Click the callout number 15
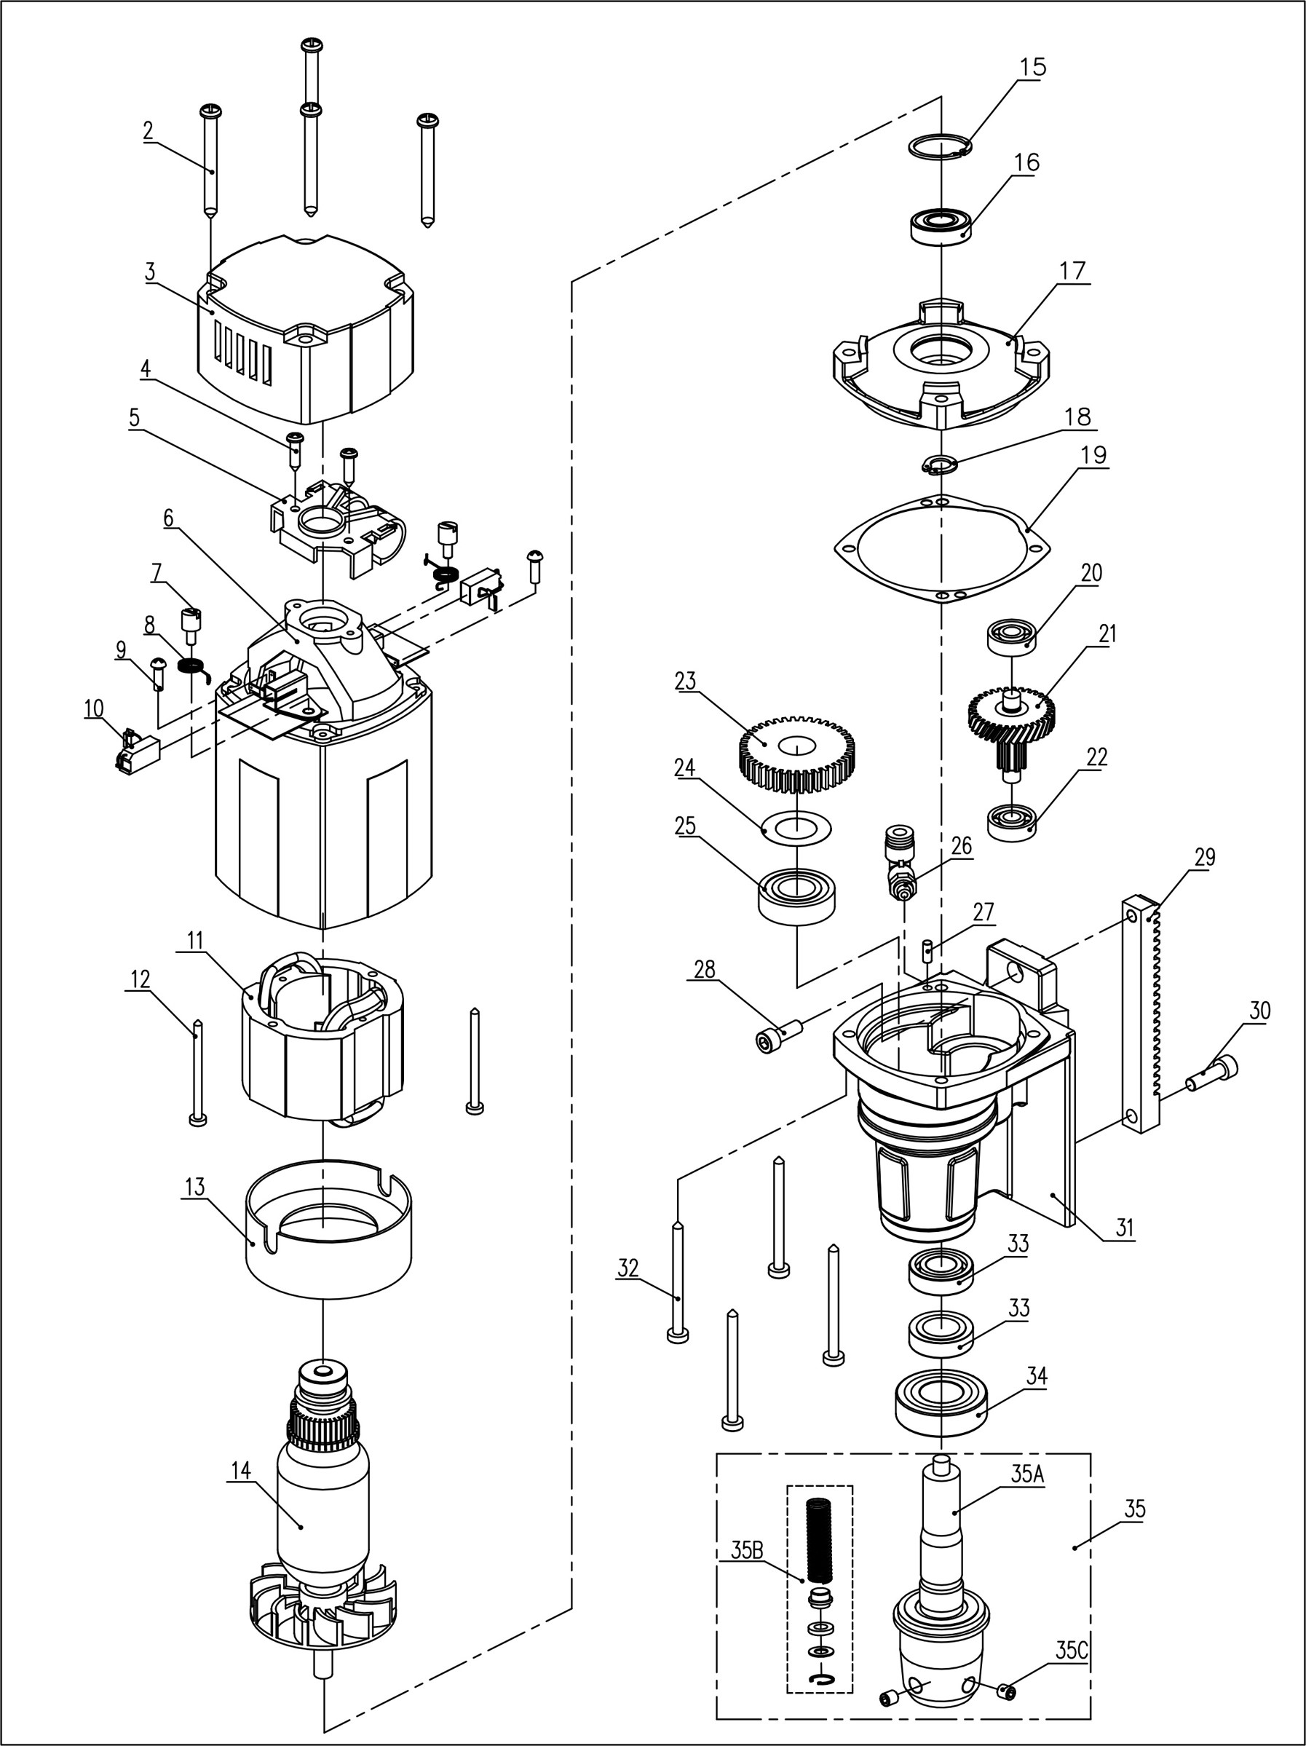click(1032, 68)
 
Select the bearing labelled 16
click(941, 226)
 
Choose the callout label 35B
click(746, 1549)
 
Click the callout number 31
click(1124, 1228)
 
